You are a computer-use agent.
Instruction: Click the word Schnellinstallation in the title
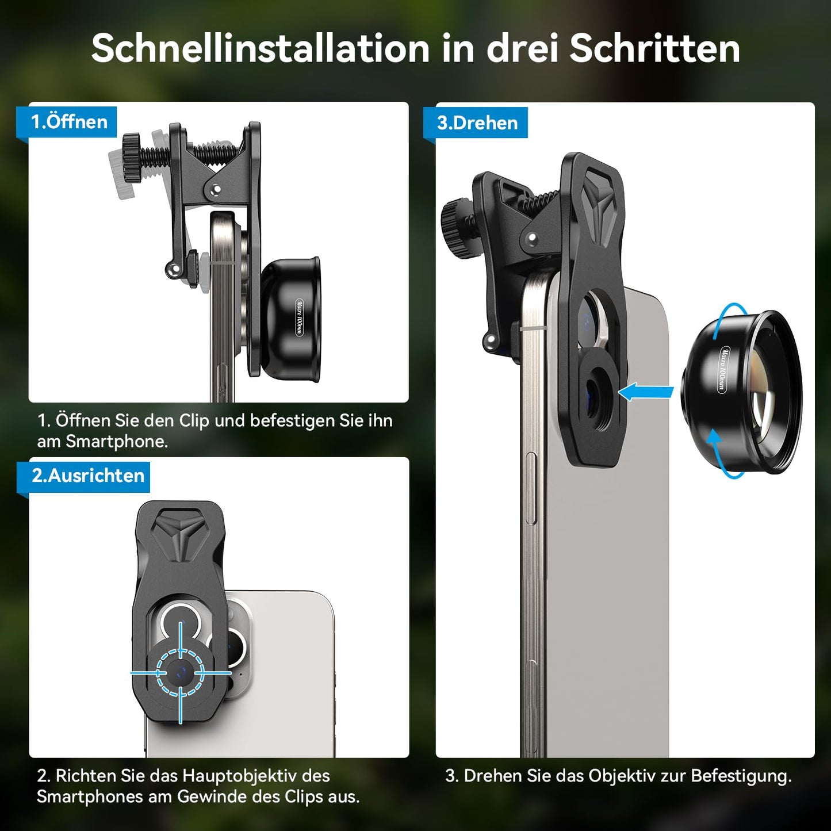pos(260,48)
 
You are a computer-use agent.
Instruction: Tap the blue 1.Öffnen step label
pos(69,122)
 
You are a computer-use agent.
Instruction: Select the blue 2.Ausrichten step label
pos(87,476)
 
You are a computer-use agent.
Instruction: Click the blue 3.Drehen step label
pos(477,123)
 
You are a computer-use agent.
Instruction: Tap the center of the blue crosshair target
pos(181,672)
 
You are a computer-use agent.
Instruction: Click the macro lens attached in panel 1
pos(290,319)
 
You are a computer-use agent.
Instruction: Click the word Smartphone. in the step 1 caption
pos(117,442)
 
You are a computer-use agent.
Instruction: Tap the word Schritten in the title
pos(654,48)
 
